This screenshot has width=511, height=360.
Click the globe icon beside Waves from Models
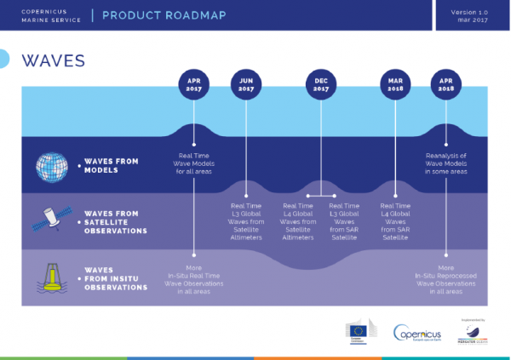point(51,166)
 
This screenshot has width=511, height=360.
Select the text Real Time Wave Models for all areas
point(194,163)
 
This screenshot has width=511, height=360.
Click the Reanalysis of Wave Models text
point(448,163)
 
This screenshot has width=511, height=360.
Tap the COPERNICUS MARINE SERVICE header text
point(47,15)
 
